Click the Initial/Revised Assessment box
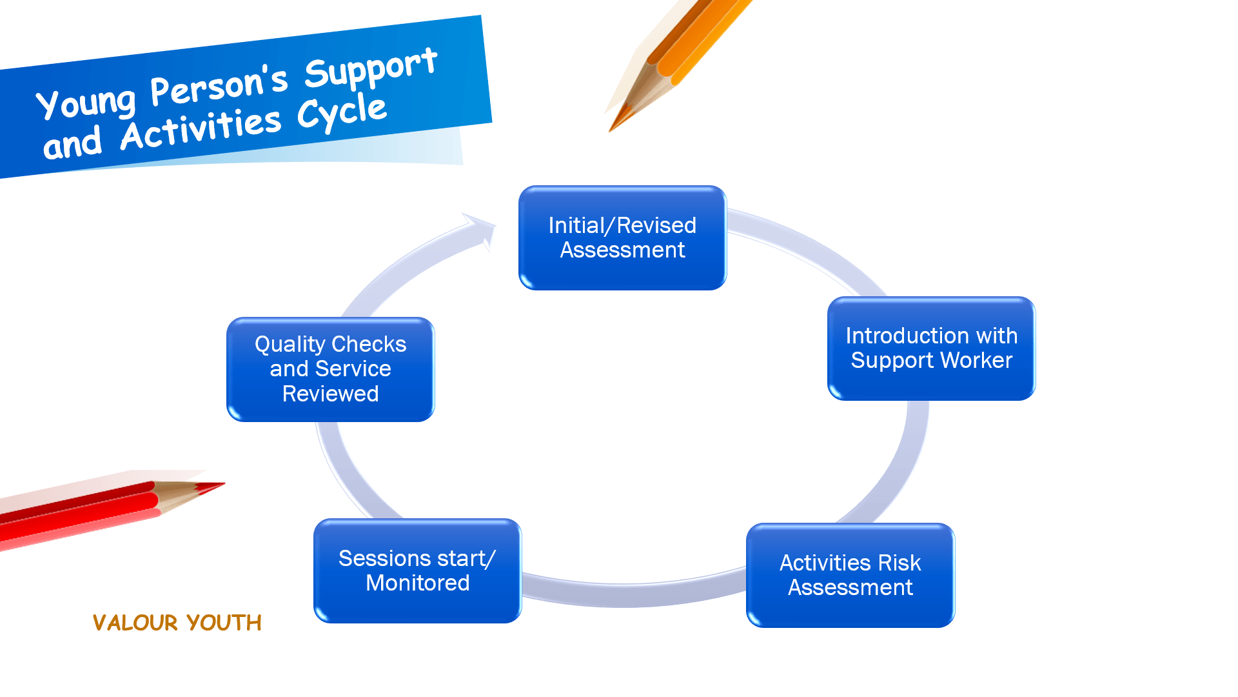(x=622, y=238)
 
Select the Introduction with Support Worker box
(x=931, y=348)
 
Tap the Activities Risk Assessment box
(x=850, y=575)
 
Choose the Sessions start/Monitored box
(x=417, y=571)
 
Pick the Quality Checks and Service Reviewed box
(x=330, y=369)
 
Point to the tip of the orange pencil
(x=610, y=131)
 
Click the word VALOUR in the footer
(x=135, y=623)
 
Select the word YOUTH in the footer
(x=224, y=623)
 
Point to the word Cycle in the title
(x=342, y=113)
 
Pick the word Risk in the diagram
(x=899, y=563)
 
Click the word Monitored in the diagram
(x=417, y=583)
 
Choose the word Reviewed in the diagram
(x=330, y=394)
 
